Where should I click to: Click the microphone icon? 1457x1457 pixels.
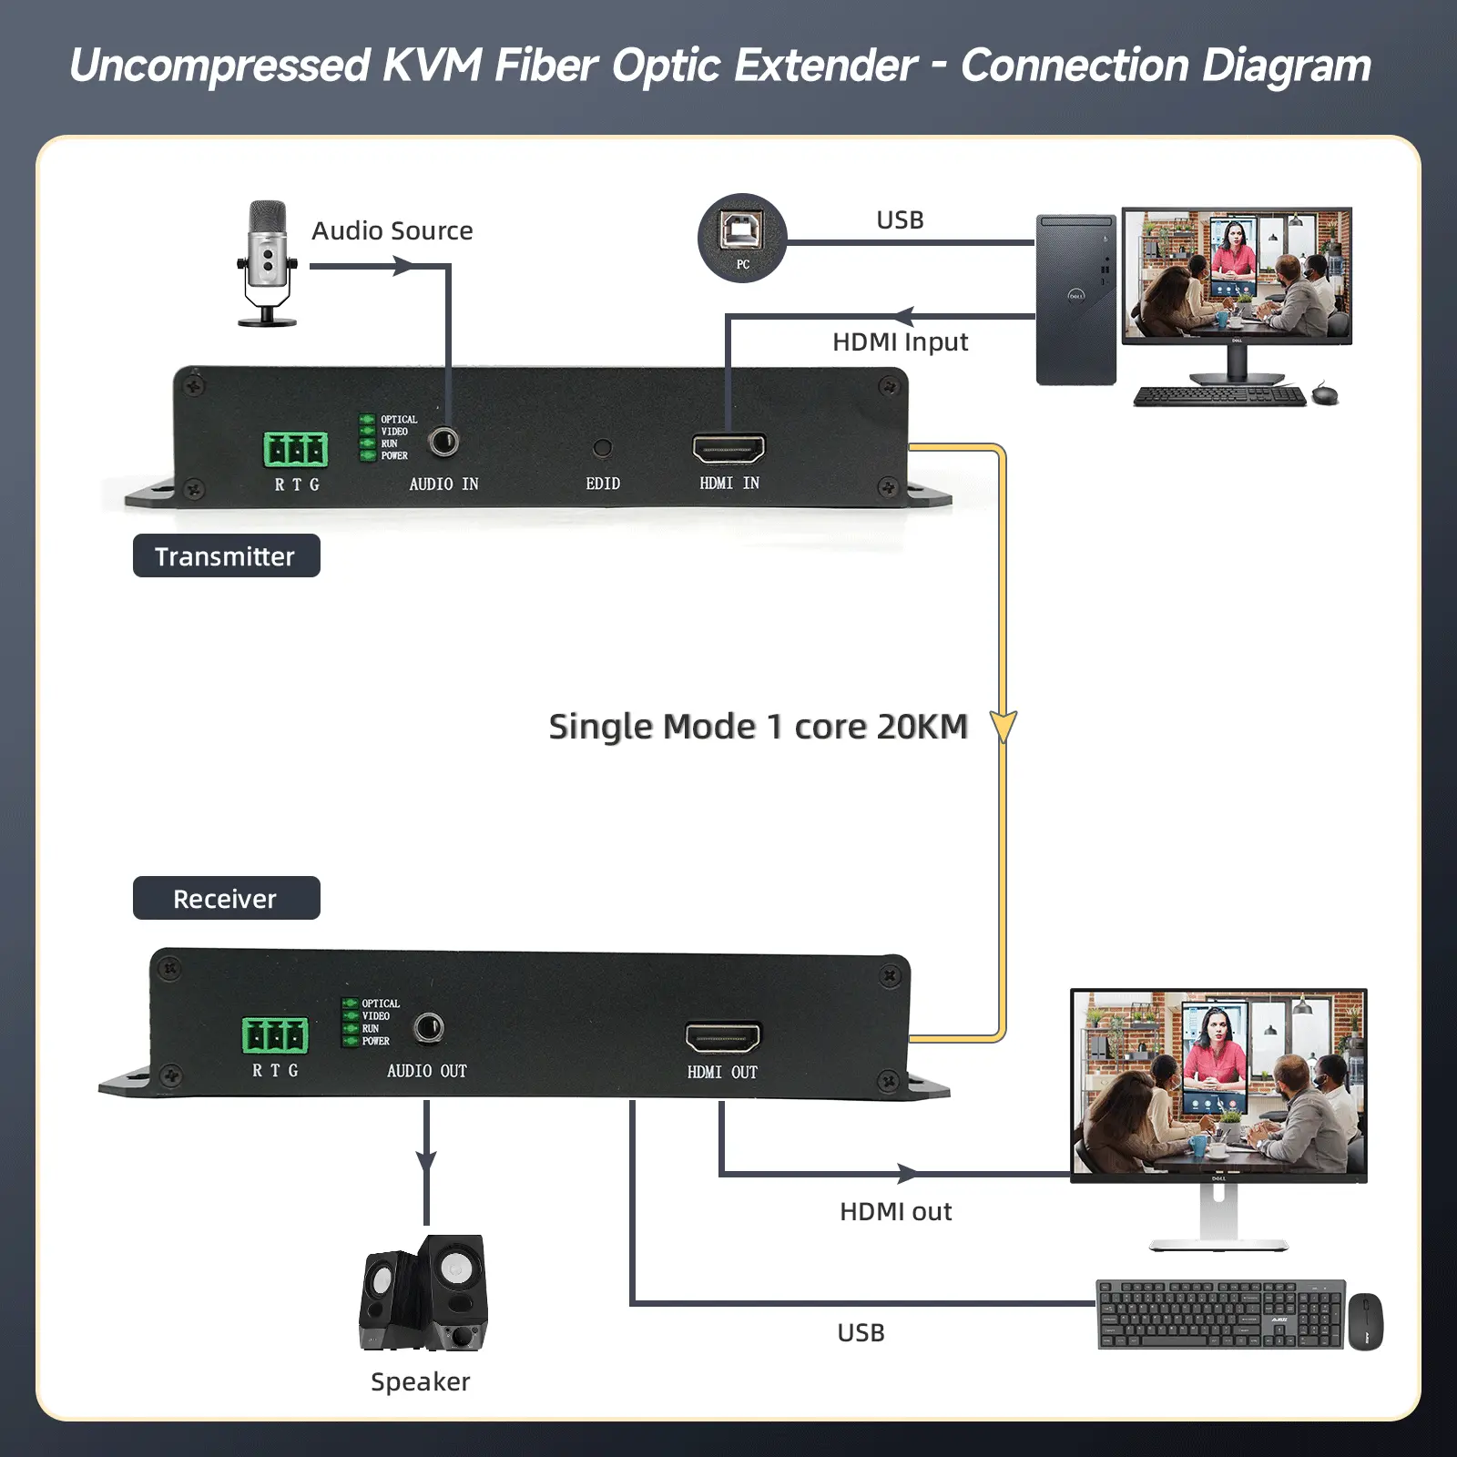(x=267, y=262)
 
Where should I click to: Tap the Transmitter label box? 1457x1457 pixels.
(x=226, y=555)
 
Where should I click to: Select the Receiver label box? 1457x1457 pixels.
(x=226, y=898)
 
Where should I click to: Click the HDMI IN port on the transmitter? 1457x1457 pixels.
(x=728, y=449)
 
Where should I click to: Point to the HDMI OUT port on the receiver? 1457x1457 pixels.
(x=722, y=1037)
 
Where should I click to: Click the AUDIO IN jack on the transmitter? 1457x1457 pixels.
(x=444, y=443)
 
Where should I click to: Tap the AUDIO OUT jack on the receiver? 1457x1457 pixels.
(x=428, y=1028)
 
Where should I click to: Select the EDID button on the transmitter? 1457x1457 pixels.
(x=602, y=448)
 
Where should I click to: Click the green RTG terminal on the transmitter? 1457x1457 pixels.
(x=296, y=449)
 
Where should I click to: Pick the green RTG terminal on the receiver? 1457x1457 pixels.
(x=274, y=1035)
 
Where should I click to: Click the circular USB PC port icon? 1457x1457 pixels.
(x=742, y=238)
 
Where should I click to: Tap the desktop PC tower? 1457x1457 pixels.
(x=1075, y=300)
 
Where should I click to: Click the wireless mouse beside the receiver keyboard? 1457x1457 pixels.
(x=1365, y=1321)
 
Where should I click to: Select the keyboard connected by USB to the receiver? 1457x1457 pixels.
(x=1220, y=1314)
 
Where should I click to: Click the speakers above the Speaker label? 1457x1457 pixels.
(x=424, y=1293)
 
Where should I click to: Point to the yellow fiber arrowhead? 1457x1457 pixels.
(x=1003, y=727)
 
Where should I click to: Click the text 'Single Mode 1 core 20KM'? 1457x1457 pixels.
(x=758, y=727)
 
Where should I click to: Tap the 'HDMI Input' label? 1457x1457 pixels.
(x=900, y=342)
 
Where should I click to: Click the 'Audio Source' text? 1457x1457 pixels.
(x=392, y=231)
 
